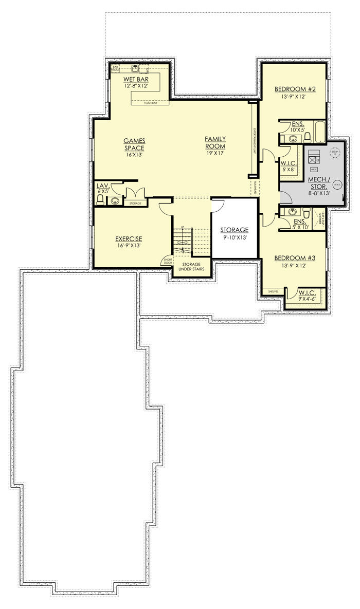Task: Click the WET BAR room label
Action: [136, 79]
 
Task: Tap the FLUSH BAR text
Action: [151, 103]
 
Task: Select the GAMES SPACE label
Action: [134, 144]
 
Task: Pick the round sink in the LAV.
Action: [115, 201]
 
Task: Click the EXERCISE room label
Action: [128, 238]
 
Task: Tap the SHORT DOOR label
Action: [167, 261]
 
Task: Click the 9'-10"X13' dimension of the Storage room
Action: [234, 238]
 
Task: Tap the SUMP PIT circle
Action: [335, 152]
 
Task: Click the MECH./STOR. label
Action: [319, 182]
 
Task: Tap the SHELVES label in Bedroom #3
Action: [273, 291]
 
